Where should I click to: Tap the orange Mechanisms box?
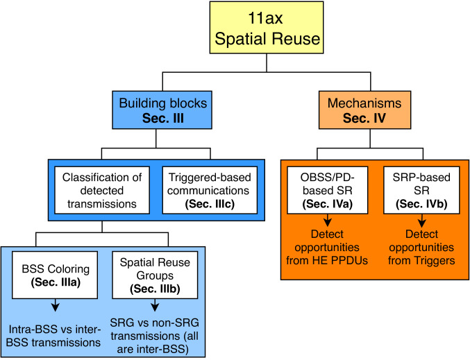375,110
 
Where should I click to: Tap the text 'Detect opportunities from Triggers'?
417,247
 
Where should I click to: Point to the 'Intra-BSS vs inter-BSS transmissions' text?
54,336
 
